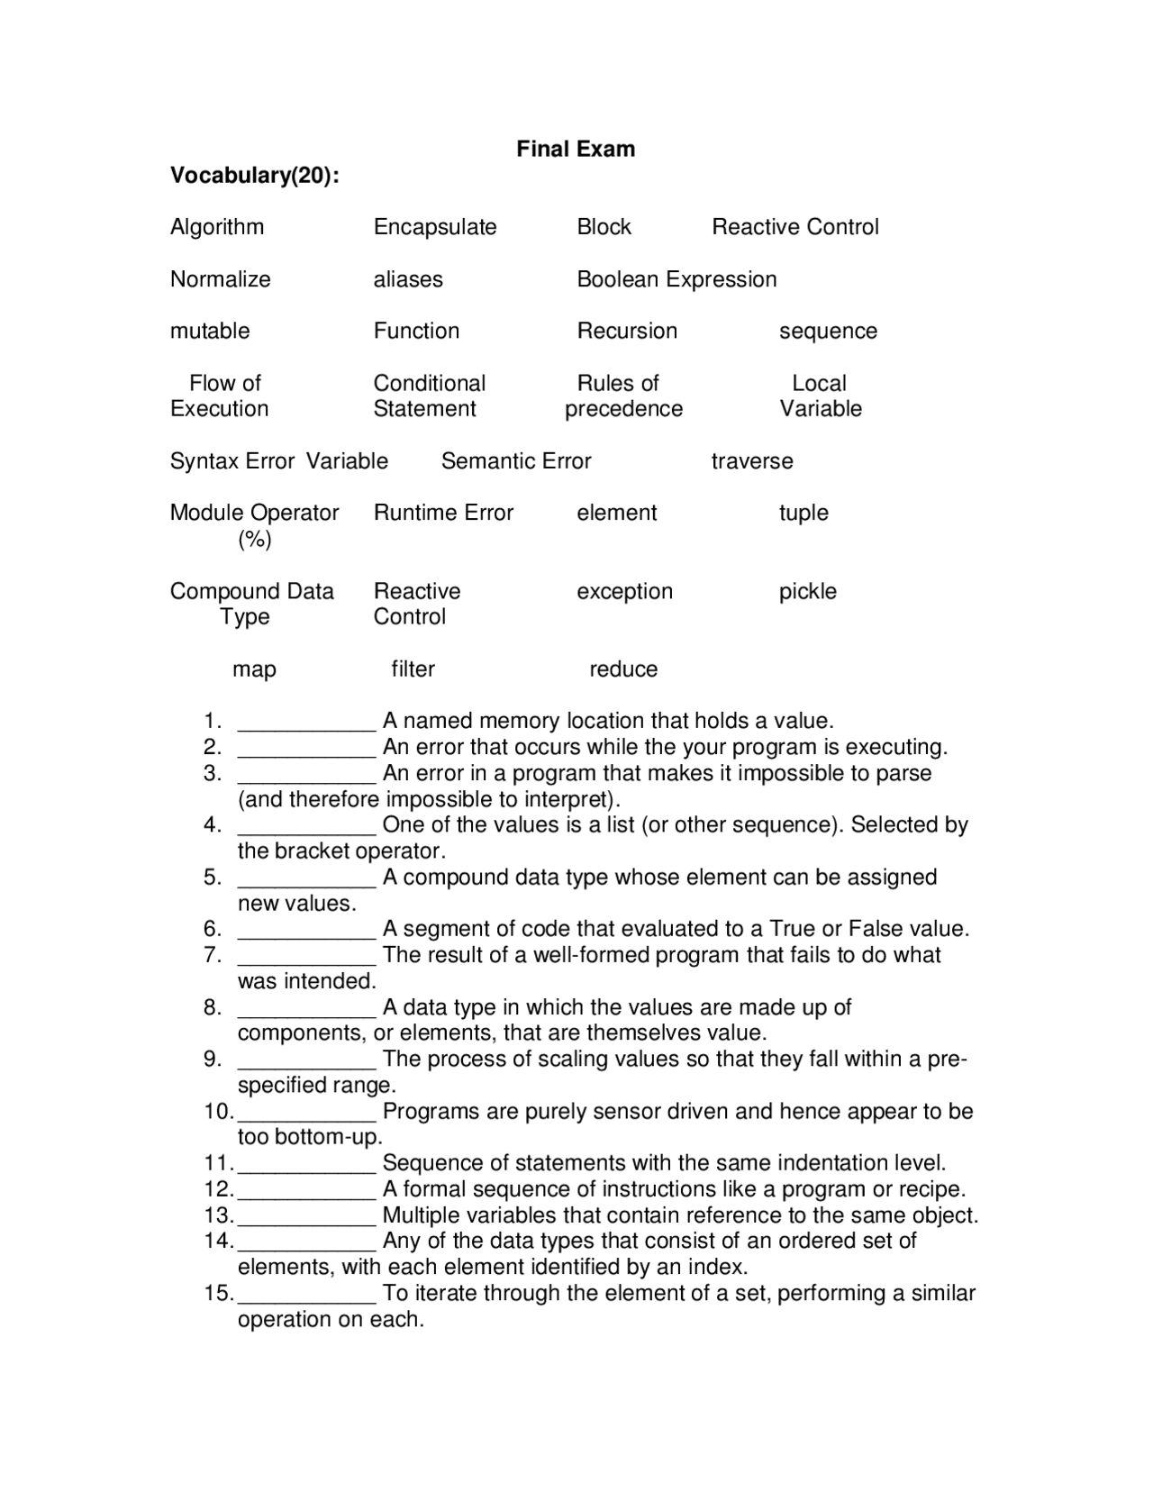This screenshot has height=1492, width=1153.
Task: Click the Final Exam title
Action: coord(576,149)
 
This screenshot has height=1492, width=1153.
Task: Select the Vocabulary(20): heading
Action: coord(255,175)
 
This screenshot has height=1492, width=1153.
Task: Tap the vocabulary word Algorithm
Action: coord(217,227)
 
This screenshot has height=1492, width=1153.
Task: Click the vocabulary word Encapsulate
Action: coord(435,227)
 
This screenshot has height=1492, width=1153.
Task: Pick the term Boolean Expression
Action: coord(676,279)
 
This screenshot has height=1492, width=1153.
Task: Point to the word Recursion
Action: coord(627,331)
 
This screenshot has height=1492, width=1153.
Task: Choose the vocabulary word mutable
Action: coord(210,331)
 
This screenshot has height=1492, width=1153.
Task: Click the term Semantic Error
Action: coord(516,461)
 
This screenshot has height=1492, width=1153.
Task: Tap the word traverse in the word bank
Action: coord(752,461)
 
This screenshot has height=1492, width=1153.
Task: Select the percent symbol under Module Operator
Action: coord(255,539)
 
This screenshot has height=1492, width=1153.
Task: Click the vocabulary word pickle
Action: coord(808,592)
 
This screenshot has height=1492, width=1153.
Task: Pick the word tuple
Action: coord(803,513)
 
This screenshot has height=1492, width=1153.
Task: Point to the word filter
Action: coord(413,669)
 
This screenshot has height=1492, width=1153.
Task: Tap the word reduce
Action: coord(623,669)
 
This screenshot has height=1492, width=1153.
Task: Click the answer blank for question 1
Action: coord(306,724)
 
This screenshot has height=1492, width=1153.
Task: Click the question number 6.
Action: coord(212,929)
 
